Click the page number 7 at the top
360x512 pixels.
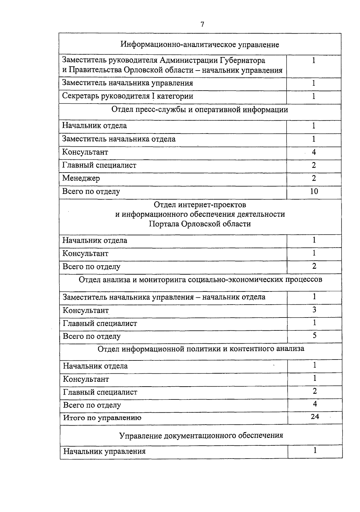click(202, 25)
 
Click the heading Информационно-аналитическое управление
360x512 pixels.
click(200, 45)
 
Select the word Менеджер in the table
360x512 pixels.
click(81, 178)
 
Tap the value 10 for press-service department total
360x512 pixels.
click(314, 191)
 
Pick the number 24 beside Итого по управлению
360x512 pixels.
click(315, 417)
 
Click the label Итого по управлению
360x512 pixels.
click(102, 418)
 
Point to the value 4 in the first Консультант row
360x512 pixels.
click(314, 152)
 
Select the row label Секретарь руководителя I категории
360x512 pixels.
click(127, 96)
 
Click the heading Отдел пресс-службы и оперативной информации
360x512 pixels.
click(200, 110)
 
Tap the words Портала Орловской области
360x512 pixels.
click(200, 224)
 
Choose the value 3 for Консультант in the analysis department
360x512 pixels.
click(314, 310)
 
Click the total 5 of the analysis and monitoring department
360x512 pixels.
click(314, 336)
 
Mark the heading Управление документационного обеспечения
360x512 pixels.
click(201, 435)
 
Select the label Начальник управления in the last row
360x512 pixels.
click(104, 451)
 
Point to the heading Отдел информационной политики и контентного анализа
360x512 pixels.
click(201, 349)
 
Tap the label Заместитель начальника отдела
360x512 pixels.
click(119, 139)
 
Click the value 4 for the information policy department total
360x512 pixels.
click(315, 404)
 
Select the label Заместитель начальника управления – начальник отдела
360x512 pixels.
click(164, 297)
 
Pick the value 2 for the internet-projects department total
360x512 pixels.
click(314, 266)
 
